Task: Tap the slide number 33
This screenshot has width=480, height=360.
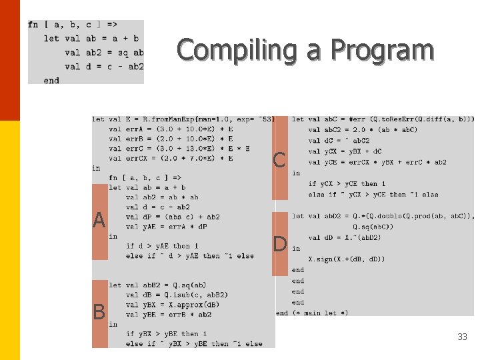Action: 462,337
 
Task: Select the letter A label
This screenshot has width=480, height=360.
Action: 99,221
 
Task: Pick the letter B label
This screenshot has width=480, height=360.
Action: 99,311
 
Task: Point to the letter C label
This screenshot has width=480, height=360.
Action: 279,160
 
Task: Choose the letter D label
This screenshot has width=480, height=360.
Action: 280,244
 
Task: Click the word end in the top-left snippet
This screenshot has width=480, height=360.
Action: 51,81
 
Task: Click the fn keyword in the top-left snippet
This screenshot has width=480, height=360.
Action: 33,25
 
